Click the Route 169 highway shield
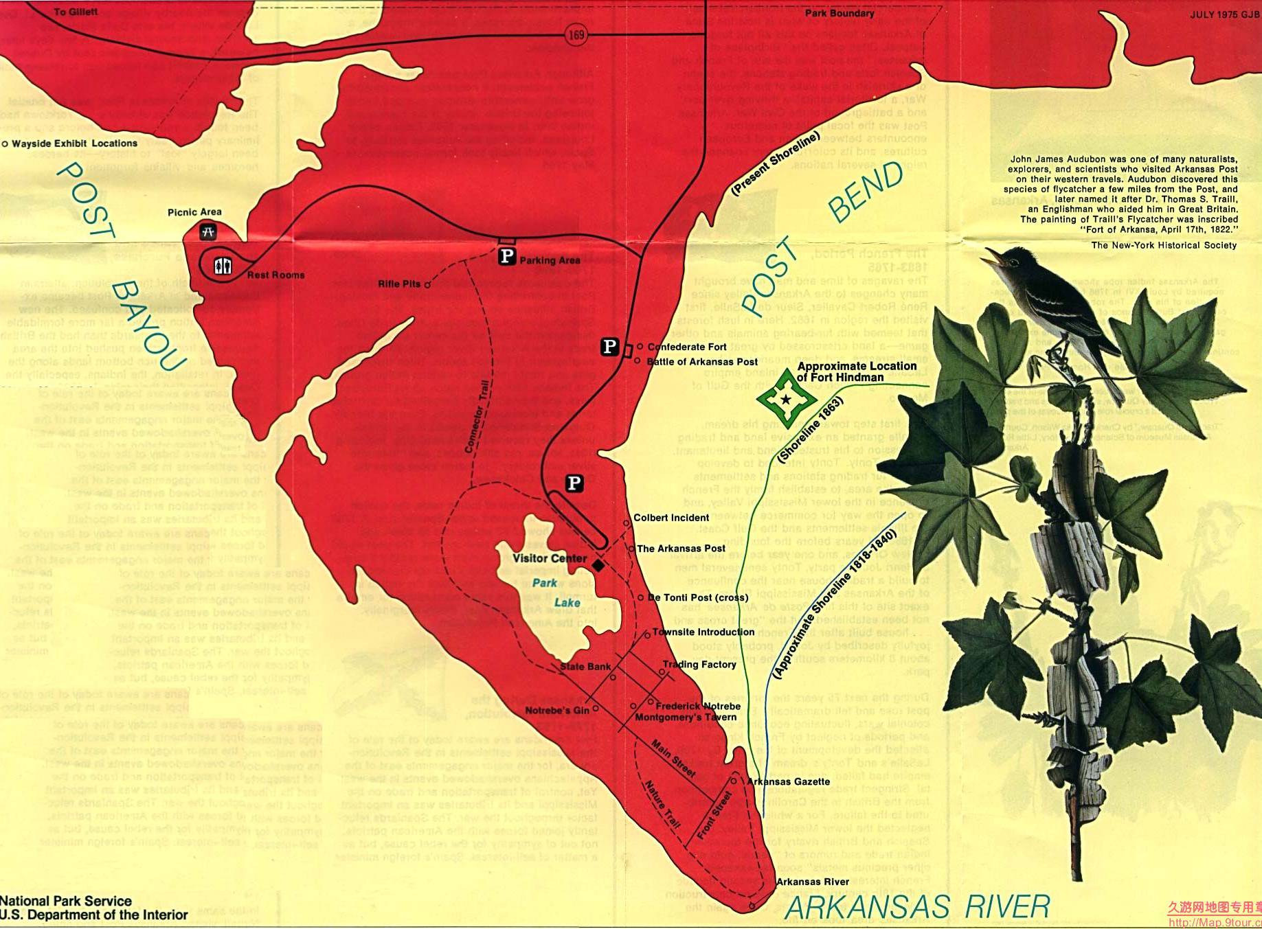(x=577, y=34)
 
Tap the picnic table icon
(x=208, y=233)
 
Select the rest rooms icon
(x=223, y=266)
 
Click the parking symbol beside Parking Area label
(x=506, y=257)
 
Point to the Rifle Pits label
(x=399, y=284)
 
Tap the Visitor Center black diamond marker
(x=598, y=565)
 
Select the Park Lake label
(x=555, y=593)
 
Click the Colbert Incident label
(x=671, y=518)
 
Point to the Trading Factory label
(x=699, y=664)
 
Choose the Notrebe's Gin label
(x=557, y=710)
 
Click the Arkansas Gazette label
(x=789, y=781)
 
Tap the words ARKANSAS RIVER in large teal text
(x=918, y=907)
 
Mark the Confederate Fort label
(x=687, y=347)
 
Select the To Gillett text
(x=76, y=12)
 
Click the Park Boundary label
(x=840, y=13)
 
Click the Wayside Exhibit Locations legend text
(x=74, y=144)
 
